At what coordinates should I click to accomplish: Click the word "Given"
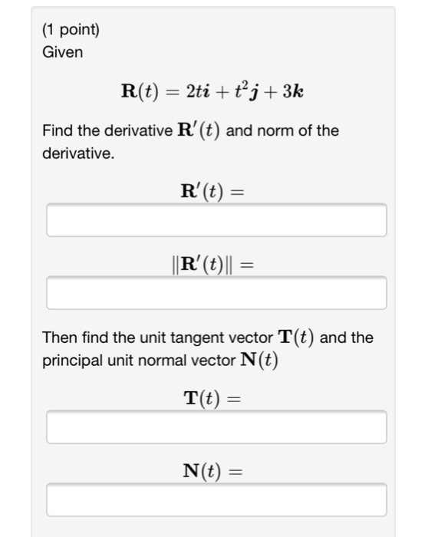(63, 53)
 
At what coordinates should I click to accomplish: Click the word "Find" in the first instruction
(57, 130)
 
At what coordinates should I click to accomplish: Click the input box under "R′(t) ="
(216, 221)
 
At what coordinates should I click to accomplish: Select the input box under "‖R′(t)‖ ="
(216, 293)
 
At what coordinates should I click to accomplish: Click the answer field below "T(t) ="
(216, 427)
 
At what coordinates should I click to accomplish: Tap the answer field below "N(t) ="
(216, 500)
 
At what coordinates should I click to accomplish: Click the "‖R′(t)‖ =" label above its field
(212, 265)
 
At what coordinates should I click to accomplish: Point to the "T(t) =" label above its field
(212, 399)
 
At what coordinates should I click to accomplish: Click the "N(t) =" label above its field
(212, 471)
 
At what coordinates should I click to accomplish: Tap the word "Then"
(58, 338)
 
